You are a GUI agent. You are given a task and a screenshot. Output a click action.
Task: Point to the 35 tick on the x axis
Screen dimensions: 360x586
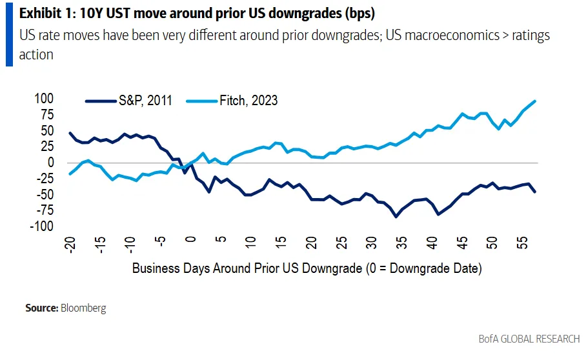402,244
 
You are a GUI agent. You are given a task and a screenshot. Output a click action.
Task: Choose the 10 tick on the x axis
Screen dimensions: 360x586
251,244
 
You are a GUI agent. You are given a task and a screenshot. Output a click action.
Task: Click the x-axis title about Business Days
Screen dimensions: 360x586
307,268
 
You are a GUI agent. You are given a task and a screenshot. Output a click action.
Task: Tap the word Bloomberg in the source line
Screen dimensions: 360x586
83,308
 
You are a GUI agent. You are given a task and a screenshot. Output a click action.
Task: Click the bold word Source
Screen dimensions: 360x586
41,308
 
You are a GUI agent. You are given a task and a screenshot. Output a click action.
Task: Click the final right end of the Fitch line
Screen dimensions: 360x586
536,101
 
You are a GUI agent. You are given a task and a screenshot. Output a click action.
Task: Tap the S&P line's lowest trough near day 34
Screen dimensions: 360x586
396,217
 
